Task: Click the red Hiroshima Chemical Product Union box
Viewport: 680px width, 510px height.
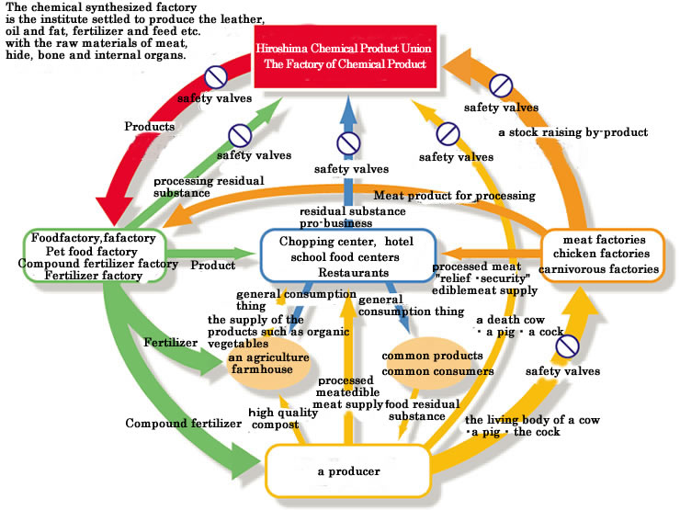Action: [346, 56]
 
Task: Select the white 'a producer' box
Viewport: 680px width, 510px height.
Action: [347, 471]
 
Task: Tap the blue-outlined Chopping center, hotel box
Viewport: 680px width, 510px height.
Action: [347, 255]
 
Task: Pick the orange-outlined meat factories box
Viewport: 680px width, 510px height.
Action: [603, 255]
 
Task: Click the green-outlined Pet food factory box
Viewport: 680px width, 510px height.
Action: [95, 256]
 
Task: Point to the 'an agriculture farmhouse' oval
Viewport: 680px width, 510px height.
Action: [269, 363]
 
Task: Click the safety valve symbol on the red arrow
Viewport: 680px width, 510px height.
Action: [216, 77]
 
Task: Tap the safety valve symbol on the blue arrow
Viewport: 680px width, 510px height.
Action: [348, 143]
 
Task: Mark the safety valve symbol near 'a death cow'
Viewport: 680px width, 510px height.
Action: [567, 346]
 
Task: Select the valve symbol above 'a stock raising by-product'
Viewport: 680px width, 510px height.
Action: [501, 85]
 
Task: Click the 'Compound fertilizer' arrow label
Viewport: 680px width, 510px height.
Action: [184, 424]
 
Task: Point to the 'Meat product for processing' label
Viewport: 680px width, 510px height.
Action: [455, 196]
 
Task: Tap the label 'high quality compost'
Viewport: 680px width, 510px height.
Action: [283, 418]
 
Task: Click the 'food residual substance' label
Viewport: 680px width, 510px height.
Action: [422, 410]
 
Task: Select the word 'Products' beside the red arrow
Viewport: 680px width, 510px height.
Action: [150, 127]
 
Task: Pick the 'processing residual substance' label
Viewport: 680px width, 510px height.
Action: [209, 187]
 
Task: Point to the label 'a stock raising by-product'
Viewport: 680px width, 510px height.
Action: [573, 132]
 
